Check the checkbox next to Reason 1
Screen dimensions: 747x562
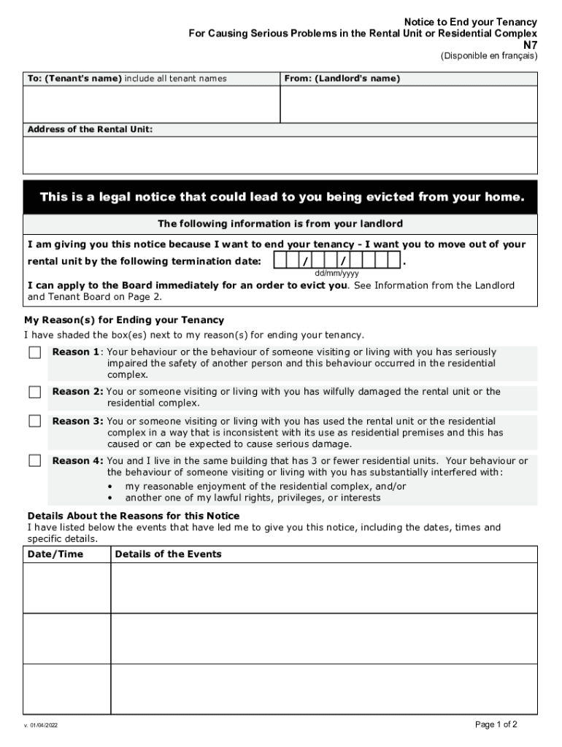pyautogui.click(x=35, y=353)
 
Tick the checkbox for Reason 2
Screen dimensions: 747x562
pyautogui.click(x=35, y=392)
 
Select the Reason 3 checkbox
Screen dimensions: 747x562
pyautogui.click(x=35, y=422)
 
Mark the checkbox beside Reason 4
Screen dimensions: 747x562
pyautogui.click(x=35, y=461)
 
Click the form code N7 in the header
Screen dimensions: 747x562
pyautogui.click(x=531, y=44)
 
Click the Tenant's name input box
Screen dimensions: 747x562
pyautogui.click(x=151, y=104)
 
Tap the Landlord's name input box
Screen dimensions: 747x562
pyautogui.click(x=409, y=104)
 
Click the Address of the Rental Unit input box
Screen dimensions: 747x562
pyautogui.click(x=280, y=155)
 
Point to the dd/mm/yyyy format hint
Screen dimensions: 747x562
pyautogui.click(x=336, y=274)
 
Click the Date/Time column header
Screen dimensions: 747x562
pyautogui.click(x=55, y=554)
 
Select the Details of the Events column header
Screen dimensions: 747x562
pyautogui.click(x=168, y=554)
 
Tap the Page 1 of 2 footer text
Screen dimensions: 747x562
pyautogui.click(x=496, y=724)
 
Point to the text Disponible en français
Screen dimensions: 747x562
pyautogui.click(x=489, y=56)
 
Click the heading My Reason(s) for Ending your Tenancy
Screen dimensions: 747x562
pyautogui.click(x=124, y=320)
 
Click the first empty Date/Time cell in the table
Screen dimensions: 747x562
pyautogui.click(x=67, y=588)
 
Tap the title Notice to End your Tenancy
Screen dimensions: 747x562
pyautogui.click(x=471, y=22)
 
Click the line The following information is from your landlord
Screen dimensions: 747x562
pyautogui.click(x=280, y=224)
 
